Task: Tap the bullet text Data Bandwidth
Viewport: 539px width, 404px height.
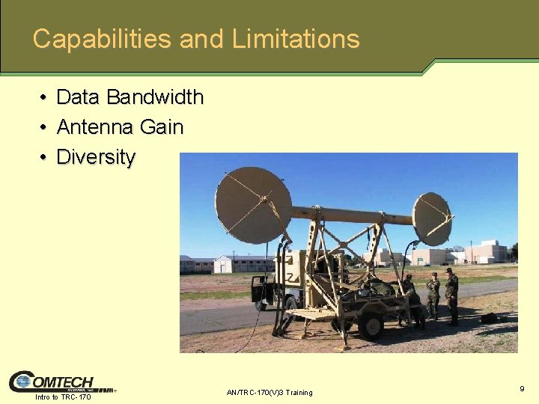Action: [130, 97]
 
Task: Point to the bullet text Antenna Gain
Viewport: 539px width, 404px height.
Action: [120, 127]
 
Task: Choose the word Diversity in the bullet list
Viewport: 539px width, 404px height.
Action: [96, 158]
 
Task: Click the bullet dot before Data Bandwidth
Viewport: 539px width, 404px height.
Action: [44, 98]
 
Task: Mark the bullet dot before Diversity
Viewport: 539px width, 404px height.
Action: [44, 158]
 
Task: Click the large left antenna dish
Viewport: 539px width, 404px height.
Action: [252, 205]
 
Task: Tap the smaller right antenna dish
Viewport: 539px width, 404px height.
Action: [432, 219]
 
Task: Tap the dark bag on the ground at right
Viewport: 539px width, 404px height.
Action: [490, 319]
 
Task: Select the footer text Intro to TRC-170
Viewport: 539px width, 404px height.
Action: [63, 397]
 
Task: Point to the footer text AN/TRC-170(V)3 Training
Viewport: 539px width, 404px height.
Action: [269, 393]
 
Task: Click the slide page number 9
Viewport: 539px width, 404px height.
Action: [521, 388]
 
